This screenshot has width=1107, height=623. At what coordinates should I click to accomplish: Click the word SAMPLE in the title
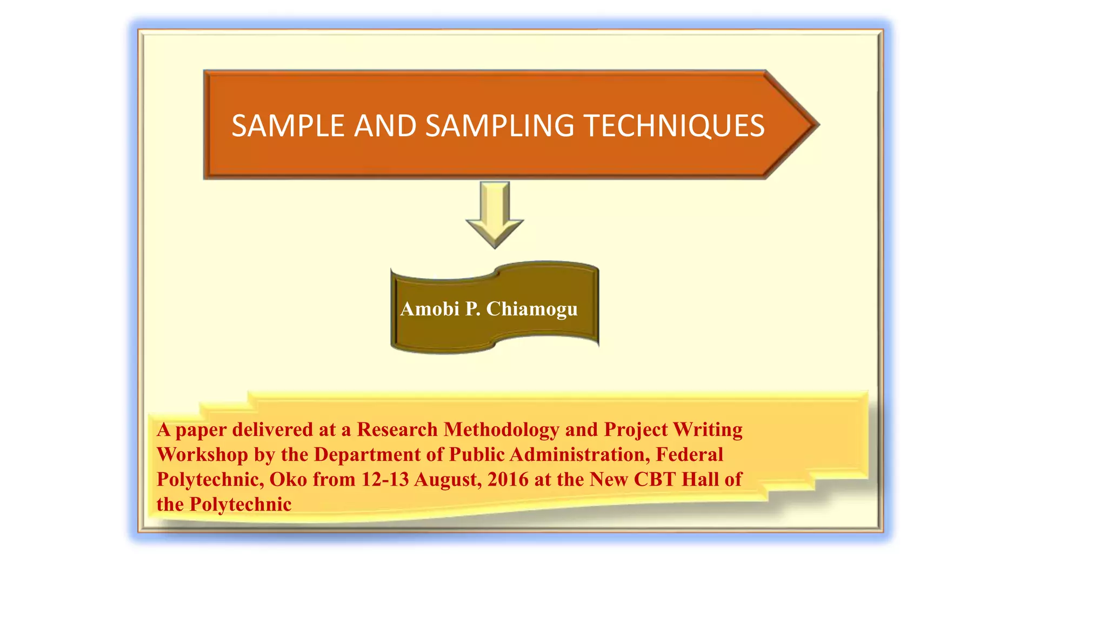(x=288, y=126)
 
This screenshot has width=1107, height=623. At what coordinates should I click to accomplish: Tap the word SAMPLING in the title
(x=499, y=126)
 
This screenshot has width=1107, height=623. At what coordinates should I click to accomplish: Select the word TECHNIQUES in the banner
(x=674, y=126)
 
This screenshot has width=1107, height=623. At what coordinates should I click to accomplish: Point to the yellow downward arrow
(x=495, y=214)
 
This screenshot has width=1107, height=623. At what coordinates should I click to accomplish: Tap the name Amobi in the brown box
(x=430, y=309)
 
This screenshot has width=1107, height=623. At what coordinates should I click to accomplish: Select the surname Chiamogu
(x=532, y=309)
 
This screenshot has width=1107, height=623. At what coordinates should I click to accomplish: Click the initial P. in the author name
(x=472, y=309)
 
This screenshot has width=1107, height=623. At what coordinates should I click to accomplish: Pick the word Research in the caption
(x=397, y=429)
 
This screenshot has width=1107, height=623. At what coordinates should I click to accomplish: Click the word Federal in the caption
(x=689, y=454)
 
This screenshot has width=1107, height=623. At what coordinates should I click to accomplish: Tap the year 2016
(x=508, y=479)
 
